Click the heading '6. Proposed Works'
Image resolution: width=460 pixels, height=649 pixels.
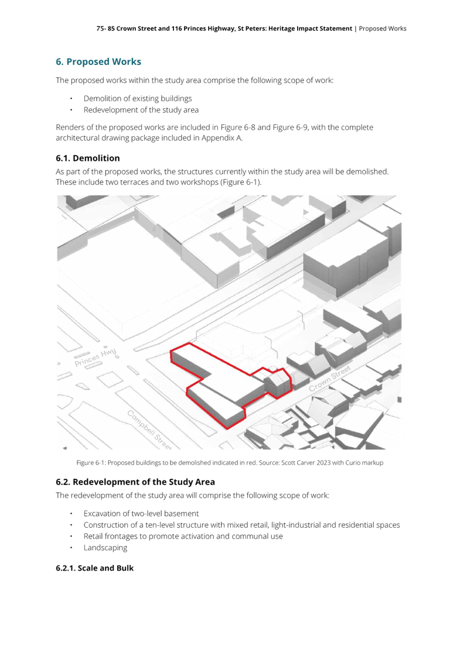[98, 61]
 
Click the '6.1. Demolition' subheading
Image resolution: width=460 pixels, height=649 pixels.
[88, 158]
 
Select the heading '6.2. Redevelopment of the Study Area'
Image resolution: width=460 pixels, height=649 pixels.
[135, 482]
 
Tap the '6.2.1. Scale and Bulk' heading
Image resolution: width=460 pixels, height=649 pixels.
[94, 568]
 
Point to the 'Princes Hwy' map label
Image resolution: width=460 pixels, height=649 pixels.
[96, 358]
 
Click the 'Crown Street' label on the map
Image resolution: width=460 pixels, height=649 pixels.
[329, 378]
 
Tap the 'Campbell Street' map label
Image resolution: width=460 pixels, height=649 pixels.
[149, 430]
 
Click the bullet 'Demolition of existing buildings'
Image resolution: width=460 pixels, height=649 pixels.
[138, 98]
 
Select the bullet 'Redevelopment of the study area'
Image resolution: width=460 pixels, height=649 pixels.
[141, 109]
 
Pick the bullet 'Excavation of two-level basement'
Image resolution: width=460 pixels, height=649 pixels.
[141, 514]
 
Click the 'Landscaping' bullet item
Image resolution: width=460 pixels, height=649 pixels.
[105, 548]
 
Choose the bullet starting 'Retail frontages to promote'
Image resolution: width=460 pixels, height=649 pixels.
[183, 537]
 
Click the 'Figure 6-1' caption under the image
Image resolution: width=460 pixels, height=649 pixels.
[90, 463]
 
